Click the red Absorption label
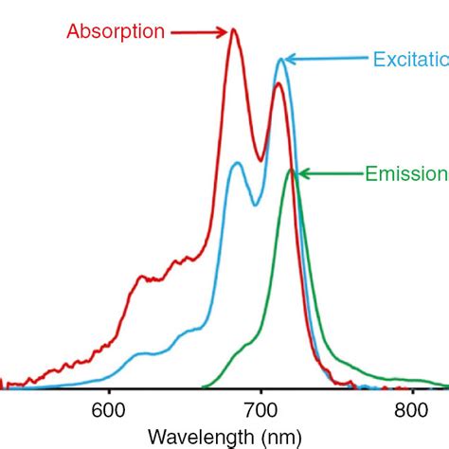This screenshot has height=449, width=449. point(115,31)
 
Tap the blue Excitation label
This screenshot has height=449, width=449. point(409,59)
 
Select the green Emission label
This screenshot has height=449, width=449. point(405,173)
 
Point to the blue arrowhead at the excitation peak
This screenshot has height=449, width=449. point(290,60)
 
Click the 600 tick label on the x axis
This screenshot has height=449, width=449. point(109,410)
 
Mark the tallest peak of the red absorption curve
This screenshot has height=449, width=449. point(234,29)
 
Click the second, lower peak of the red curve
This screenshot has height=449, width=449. point(278,84)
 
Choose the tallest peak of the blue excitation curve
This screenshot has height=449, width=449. point(280,60)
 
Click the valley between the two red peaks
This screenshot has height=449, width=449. point(260,160)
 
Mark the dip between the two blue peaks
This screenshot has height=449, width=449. point(254,205)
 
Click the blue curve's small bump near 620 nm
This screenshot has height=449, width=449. point(142,353)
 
